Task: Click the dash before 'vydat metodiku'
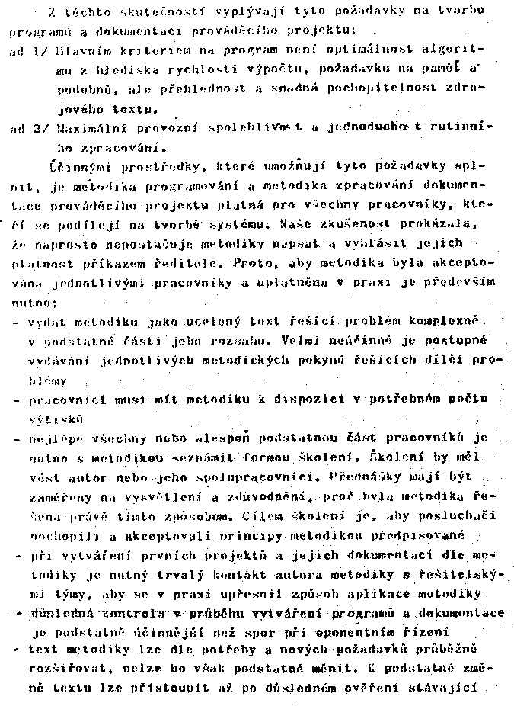tap(16, 323)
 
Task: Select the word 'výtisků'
tap(56, 419)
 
